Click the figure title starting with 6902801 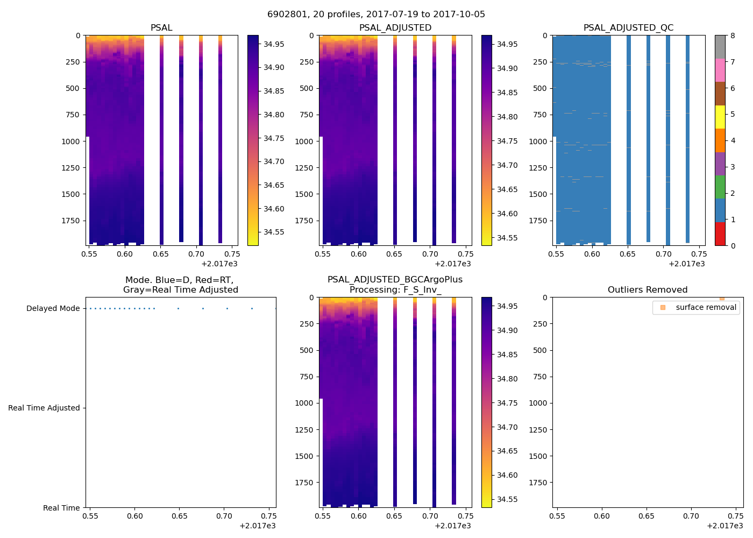tap(376, 15)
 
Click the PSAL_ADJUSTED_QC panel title tap(628, 28)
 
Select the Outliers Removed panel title tap(648, 290)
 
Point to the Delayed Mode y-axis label tap(53, 308)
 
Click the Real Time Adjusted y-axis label tap(44, 408)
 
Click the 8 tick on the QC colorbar tap(733, 36)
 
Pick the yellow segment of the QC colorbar tap(720, 117)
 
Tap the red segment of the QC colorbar tap(720, 234)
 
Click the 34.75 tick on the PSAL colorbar tap(274, 138)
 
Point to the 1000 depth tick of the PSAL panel tap(70, 141)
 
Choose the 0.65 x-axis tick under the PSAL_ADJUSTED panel tap(394, 254)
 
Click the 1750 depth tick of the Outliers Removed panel tap(537, 483)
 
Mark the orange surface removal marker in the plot tap(722, 298)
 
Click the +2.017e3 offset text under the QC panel tap(686, 264)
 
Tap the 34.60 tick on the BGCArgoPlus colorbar tap(507, 475)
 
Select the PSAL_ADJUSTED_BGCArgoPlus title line tap(395, 280)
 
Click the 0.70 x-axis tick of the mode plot tap(224, 516)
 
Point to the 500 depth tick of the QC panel tap(539, 88)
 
